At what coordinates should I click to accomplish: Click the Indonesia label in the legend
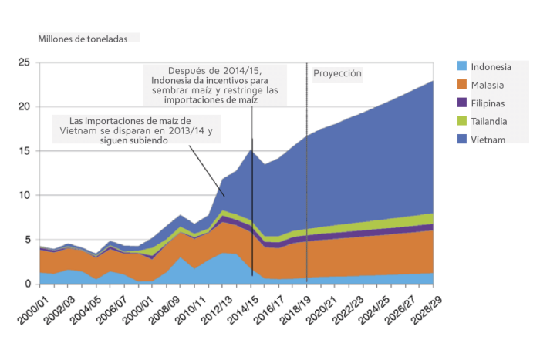pyautogui.click(x=491, y=66)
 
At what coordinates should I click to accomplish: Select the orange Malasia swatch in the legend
pyautogui.click(x=462, y=84)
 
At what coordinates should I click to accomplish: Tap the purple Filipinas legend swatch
pyautogui.click(x=462, y=103)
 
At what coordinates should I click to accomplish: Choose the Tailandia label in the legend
pyautogui.click(x=490, y=121)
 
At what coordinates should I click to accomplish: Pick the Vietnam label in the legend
pyautogui.click(x=488, y=140)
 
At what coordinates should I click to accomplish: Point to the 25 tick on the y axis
pyautogui.click(x=24, y=62)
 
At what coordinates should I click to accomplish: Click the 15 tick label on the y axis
pyautogui.click(x=24, y=151)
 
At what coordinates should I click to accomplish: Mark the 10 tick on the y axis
pyautogui.click(x=24, y=196)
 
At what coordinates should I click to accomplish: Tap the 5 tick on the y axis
pyautogui.click(x=26, y=241)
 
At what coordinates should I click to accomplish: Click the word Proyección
pyautogui.click(x=337, y=74)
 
